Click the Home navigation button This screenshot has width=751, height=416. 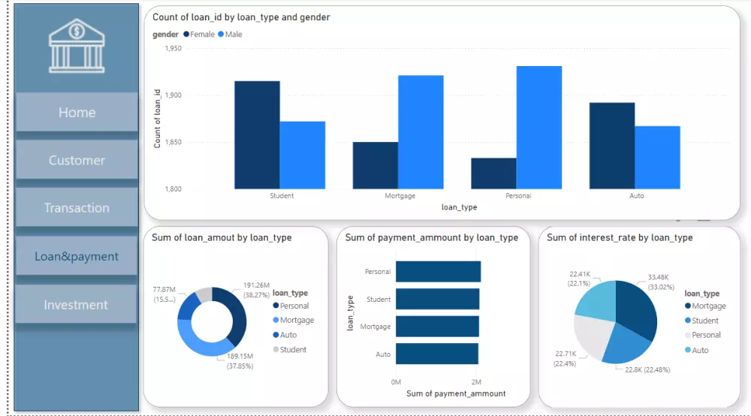pyautogui.click(x=77, y=113)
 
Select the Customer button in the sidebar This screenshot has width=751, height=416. pyautogui.click(x=77, y=160)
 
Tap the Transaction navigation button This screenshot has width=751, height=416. pyautogui.click(x=77, y=208)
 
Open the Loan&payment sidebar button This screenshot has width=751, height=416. pyautogui.click(x=77, y=257)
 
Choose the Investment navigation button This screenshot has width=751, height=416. pyautogui.click(x=77, y=305)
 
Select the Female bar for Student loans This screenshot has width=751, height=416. pyautogui.click(x=257, y=135)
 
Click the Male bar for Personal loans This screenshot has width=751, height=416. pyautogui.click(x=539, y=128)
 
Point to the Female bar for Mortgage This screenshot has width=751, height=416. pyautogui.click(x=375, y=165)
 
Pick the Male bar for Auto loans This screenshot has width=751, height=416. pyautogui.click(x=658, y=158)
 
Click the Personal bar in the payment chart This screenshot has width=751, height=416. pyautogui.click(x=438, y=272)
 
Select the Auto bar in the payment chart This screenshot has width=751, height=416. pyautogui.click(x=437, y=354)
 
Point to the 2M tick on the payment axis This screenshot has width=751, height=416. pyautogui.click(x=477, y=381)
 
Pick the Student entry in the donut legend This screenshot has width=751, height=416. pyautogui.click(x=293, y=350)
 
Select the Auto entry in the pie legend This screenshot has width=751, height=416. pyautogui.click(x=700, y=351)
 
